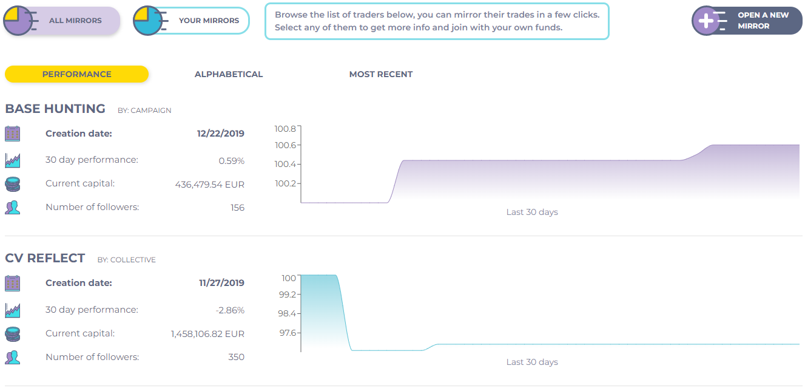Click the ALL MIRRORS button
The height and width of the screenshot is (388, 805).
62,21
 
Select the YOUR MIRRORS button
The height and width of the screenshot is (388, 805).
192,21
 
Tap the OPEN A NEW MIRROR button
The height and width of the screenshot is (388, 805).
747,21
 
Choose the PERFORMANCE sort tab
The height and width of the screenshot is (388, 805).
76,74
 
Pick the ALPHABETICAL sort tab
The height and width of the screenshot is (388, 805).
229,74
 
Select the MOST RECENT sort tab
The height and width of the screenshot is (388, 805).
381,74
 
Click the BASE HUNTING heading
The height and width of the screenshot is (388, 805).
55,109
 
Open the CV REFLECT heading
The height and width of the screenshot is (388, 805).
45,259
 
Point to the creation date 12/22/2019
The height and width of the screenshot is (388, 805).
221,134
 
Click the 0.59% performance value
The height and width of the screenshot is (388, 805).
231,161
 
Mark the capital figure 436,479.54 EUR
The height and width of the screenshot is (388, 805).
209,184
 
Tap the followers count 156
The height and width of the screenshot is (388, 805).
237,208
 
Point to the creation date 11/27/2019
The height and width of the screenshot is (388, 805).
221,283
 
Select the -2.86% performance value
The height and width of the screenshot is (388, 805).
230,310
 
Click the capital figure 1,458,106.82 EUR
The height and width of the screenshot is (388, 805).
207,334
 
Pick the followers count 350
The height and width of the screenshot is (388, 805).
236,357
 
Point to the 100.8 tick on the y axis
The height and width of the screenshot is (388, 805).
285,129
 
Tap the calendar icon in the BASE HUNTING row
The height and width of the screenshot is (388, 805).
13,134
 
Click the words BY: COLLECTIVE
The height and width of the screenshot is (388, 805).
127,260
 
